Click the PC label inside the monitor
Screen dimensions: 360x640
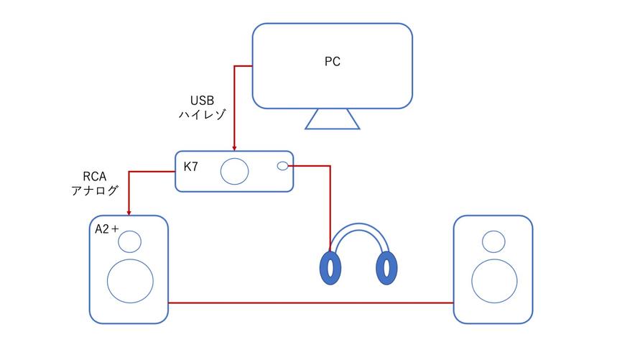(332, 62)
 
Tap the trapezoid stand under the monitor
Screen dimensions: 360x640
(332, 119)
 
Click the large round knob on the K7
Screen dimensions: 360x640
(234, 171)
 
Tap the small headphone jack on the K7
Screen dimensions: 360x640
(282, 166)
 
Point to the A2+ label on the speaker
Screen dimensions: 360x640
(107, 229)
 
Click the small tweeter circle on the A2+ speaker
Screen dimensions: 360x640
(130, 241)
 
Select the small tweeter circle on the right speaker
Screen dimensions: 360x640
(493, 241)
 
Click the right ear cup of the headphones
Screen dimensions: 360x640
(387, 268)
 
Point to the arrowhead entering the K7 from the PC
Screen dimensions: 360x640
(234, 149)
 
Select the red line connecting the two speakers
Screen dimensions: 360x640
(310, 303)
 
